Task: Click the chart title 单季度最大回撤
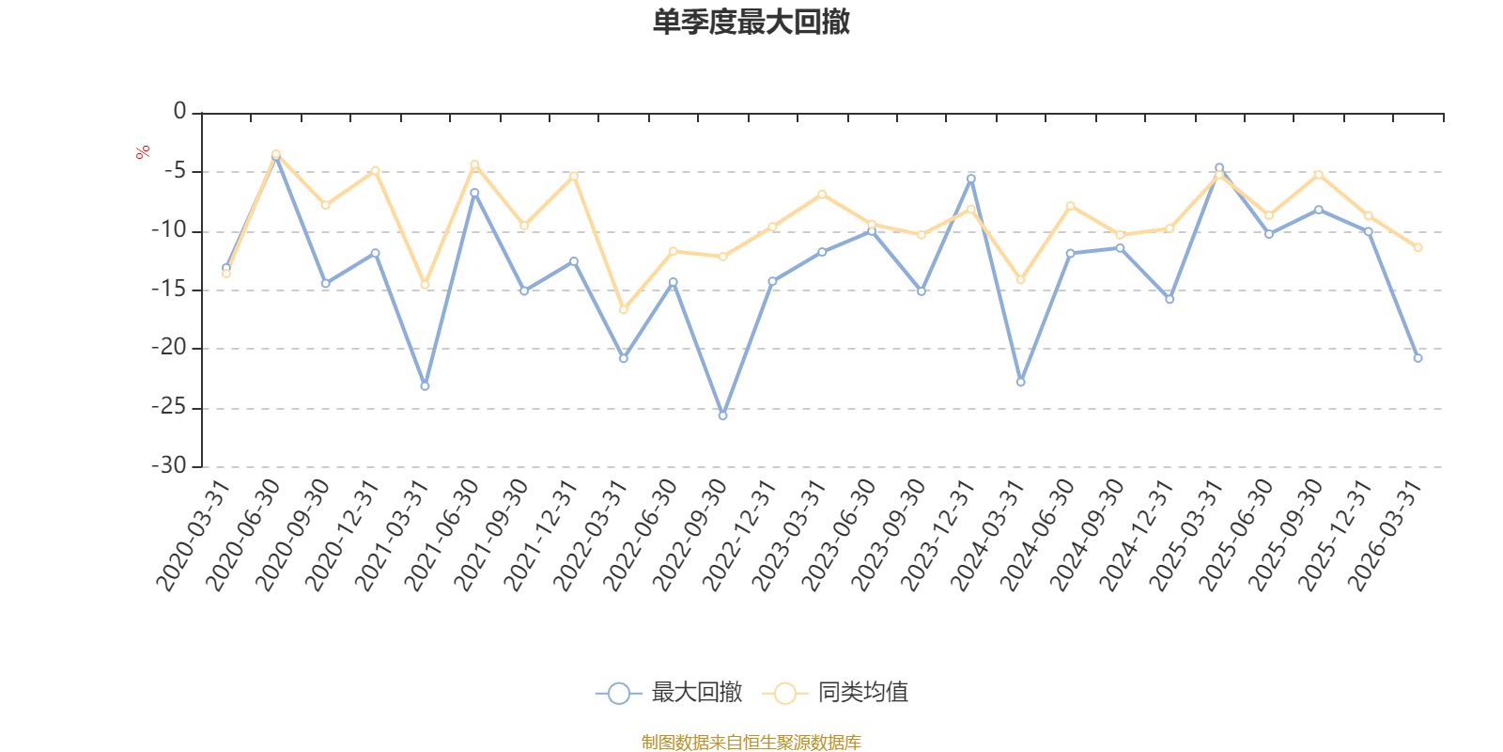point(751,22)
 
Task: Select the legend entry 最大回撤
point(669,692)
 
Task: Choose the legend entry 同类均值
point(835,692)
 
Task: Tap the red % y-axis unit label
point(142,152)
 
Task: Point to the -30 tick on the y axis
point(169,465)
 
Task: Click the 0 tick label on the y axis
point(179,111)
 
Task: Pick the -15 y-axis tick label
point(169,290)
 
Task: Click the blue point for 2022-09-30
point(722,415)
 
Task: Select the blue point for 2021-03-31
point(425,386)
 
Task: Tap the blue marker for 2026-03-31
point(1418,358)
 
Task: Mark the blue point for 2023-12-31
point(971,179)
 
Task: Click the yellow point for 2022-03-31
point(624,309)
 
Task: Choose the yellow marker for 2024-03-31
point(1020,279)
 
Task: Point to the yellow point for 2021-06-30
point(474,164)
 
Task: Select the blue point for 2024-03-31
point(1020,382)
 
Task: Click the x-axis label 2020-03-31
point(194,536)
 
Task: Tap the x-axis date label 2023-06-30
point(839,536)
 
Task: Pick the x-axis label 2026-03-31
point(1385,536)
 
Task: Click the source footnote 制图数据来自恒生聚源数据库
point(751,742)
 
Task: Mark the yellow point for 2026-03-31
point(1418,248)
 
